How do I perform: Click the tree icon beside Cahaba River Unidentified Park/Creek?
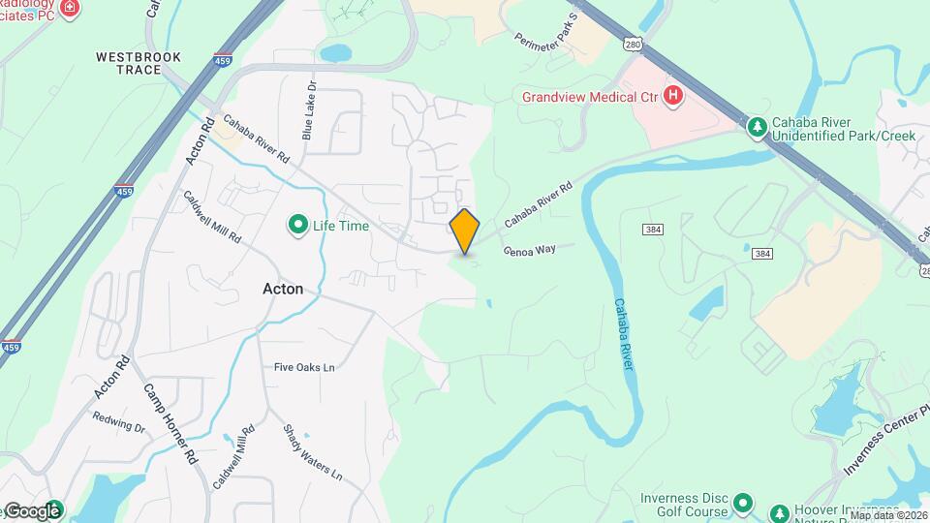757,127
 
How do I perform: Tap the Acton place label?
283,289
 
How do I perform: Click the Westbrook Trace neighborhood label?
139,63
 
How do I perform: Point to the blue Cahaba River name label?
624,335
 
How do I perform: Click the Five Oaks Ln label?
304,367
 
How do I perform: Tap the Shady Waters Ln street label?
312,452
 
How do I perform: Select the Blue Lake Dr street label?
308,109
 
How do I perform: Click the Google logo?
32,511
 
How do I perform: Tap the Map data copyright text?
888,516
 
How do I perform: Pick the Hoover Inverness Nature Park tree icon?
778,512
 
